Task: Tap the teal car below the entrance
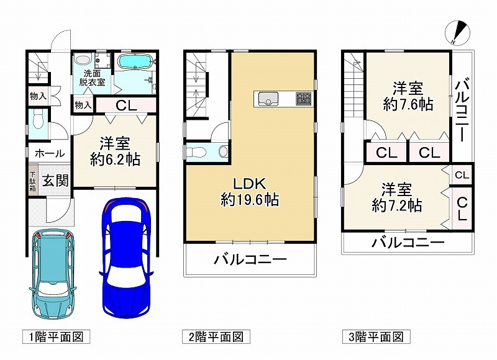pos(53,274)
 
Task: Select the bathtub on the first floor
pos(135,61)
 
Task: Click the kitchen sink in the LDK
pos(268,99)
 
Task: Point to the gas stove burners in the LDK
pos(304,99)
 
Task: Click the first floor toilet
pos(37,121)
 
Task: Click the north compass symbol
pos(457,33)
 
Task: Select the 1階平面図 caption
pos(56,336)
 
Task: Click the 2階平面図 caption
pos(216,336)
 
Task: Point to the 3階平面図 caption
pos(376,336)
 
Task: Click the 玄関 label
pos(55,181)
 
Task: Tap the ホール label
pos(50,153)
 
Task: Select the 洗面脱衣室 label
pos(92,78)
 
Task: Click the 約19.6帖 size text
pos(250,200)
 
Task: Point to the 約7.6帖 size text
pos(408,104)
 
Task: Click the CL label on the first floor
pos(126,106)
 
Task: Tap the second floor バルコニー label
pos(250,259)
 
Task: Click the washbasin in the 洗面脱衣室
pos(83,59)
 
